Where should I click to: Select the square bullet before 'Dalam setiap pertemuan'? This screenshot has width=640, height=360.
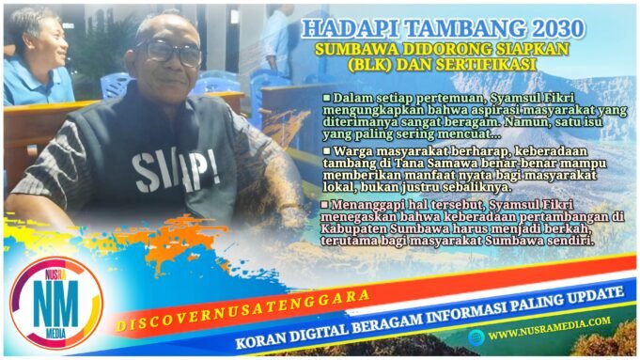326,97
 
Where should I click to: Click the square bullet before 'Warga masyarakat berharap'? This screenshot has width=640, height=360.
326,149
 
